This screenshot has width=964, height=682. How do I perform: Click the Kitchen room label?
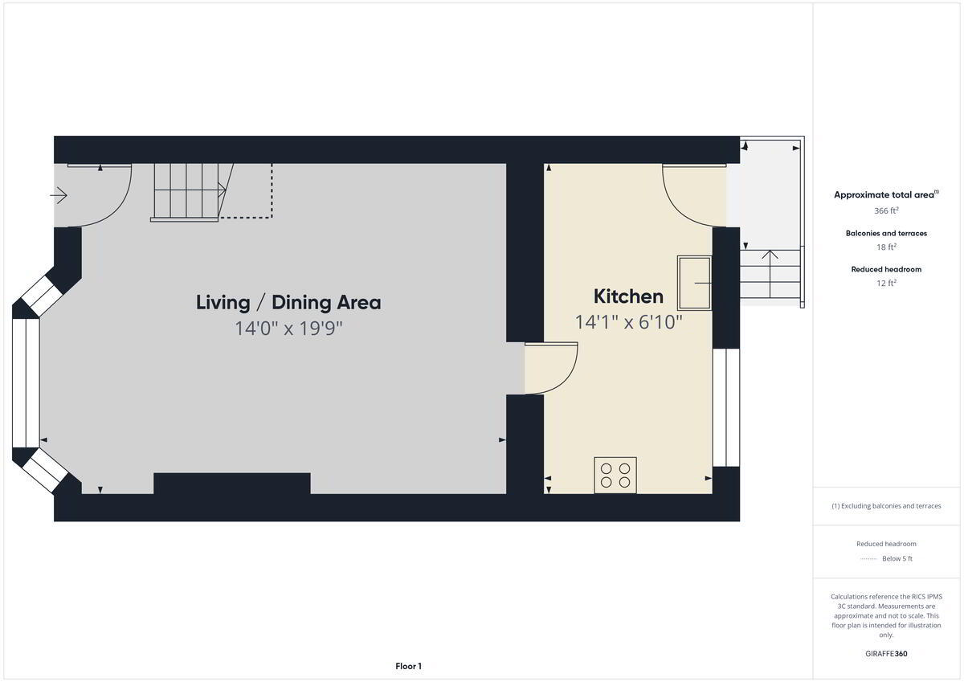pos(628,296)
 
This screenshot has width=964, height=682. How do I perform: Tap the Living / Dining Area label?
pos(288,303)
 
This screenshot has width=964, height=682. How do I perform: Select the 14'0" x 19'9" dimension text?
pos(288,329)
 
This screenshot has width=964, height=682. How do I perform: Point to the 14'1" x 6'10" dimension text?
pos(628,322)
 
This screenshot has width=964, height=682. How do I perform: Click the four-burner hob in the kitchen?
pos(615,475)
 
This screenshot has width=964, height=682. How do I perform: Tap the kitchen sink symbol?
pos(694,283)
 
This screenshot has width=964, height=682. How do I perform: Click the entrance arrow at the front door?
pos(59,196)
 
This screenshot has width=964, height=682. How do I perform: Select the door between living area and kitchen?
pos(551,368)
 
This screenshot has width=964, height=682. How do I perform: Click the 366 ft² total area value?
pos(886,210)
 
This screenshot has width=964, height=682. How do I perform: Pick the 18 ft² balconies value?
pos(886,247)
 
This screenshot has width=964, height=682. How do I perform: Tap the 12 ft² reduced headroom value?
pos(886,283)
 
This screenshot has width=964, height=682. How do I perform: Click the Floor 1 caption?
pos(408,666)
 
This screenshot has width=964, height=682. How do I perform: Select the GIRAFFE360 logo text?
pos(886,654)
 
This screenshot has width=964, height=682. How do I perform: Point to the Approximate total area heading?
pos(886,194)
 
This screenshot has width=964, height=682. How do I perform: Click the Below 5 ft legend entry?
pos(897,558)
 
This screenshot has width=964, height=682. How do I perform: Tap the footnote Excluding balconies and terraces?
pos(886,506)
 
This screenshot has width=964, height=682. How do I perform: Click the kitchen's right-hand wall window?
pos(726,407)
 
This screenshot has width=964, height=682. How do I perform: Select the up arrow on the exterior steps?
pos(770,274)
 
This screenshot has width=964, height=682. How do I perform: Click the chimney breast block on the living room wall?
pos(232,484)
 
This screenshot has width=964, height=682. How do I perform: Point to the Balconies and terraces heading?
pos(886,233)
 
